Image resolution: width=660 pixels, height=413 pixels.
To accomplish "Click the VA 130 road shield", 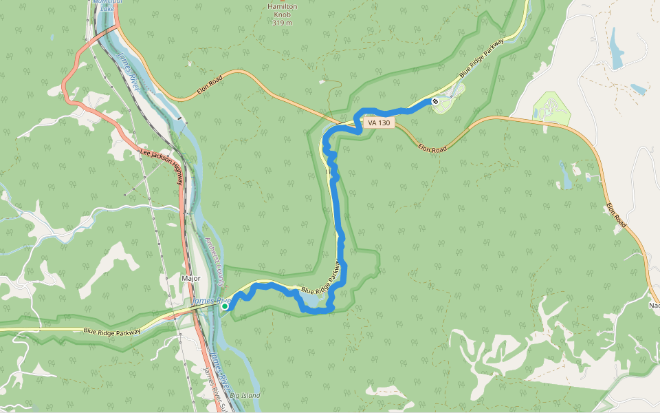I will click(378, 123).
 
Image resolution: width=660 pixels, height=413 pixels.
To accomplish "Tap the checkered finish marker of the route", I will click(435, 101).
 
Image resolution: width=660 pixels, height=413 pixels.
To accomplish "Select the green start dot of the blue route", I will click(225, 307).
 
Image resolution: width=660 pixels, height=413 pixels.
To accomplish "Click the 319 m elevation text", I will click(282, 23).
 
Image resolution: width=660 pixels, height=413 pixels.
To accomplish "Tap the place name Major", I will click(190, 278).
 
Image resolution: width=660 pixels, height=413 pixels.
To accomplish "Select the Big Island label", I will click(245, 396).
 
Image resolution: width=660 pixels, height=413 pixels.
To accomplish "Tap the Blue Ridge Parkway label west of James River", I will click(112, 331).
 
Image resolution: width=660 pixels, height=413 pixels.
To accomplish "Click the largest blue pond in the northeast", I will click(616, 50).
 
